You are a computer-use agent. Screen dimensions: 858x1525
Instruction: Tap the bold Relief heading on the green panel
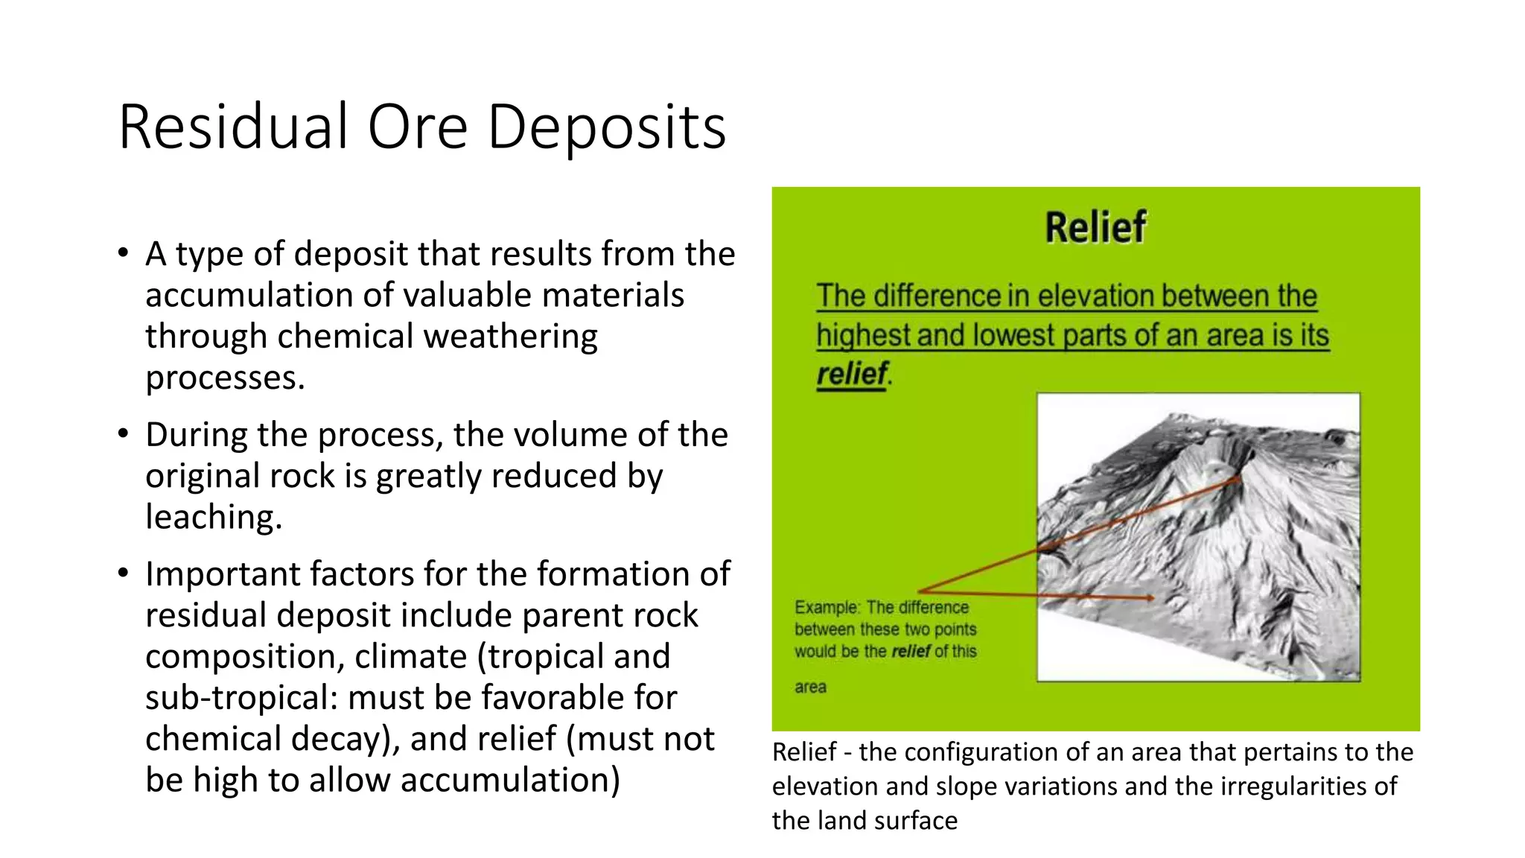click(1095, 227)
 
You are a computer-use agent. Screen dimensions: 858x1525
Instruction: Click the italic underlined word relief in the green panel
click(851, 374)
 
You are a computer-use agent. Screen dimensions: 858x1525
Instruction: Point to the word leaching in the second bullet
click(212, 517)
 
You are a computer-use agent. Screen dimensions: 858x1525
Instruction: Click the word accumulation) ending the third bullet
click(510, 780)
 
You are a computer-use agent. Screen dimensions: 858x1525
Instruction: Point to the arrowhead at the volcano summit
click(1237, 480)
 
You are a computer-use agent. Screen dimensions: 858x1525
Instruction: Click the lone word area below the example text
click(810, 687)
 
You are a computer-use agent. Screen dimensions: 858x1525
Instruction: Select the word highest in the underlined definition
click(862, 335)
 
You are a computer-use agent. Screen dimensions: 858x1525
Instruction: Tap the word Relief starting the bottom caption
click(804, 752)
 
